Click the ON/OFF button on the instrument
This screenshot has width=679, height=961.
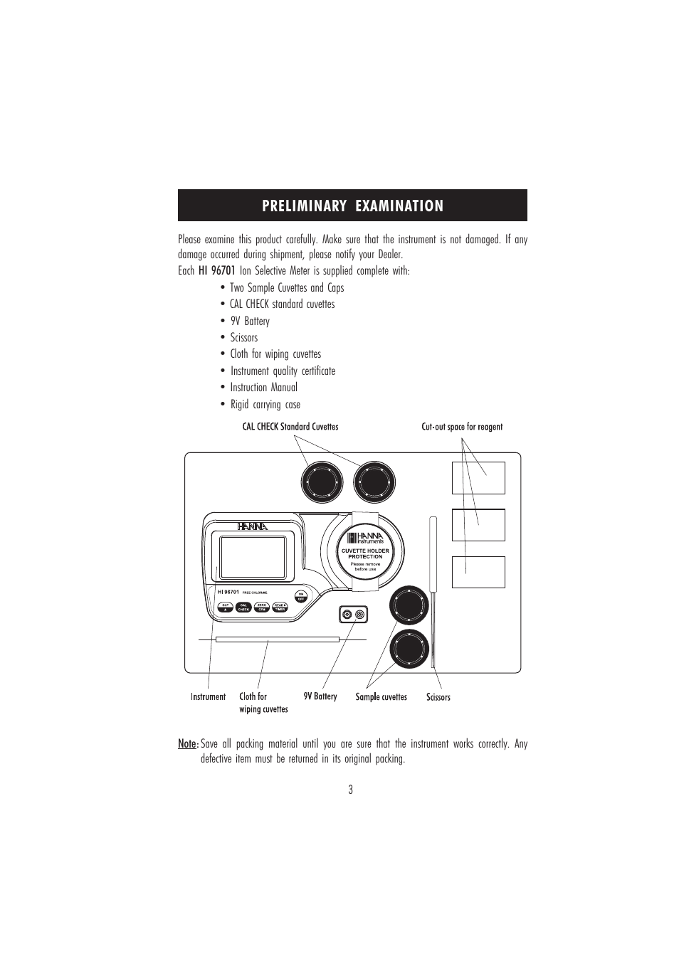[x=300, y=596]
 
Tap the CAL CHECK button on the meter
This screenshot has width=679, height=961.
[x=243, y=607]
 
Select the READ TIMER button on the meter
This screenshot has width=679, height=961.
[x=280, y=607]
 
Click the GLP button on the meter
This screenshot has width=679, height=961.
[x=225, y=607]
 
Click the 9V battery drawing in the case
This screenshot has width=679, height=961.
[x=354, y=615]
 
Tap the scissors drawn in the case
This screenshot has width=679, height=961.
[x=433, y=590]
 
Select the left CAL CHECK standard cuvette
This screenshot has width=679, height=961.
[x=322, y=482]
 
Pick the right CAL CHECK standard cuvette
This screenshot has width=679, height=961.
[x=374, y=482]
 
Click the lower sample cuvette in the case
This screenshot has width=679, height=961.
[x=409, y=649]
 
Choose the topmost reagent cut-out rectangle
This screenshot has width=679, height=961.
[x=478, y=477]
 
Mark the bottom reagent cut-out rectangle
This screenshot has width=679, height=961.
[x=478, y=572]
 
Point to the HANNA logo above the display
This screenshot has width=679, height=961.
[x=253, y=526]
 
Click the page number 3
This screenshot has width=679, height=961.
[x=350, y=790]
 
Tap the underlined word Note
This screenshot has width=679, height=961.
[x=187, y=744]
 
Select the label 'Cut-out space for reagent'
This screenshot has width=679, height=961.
[x=462, y=427]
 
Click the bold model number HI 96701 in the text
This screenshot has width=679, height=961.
[x=216, y=270]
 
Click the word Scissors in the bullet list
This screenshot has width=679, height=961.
[x=244, y=338]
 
